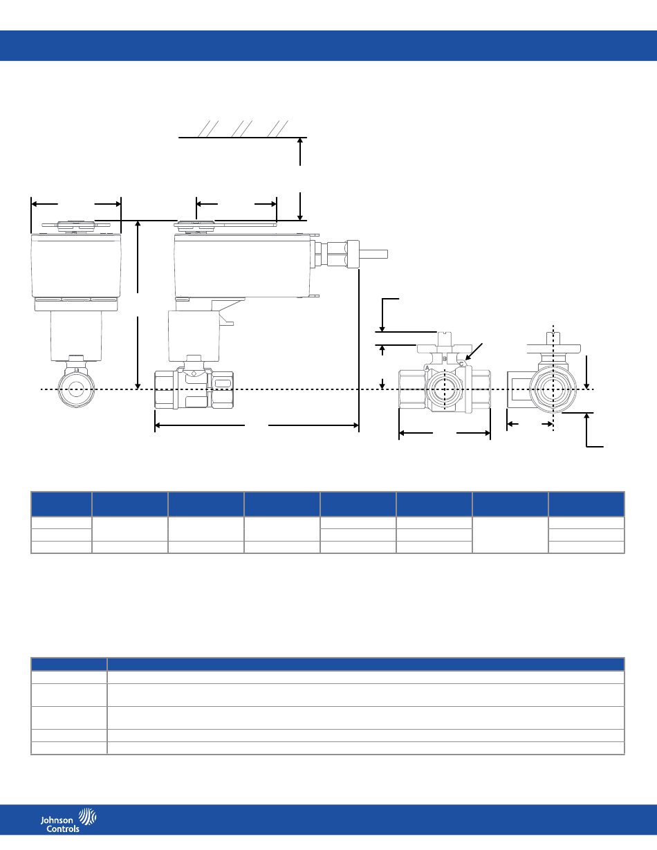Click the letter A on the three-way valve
427,369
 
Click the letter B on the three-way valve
445,359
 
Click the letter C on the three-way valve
461,364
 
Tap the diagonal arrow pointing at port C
474,351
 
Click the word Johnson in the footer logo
57,820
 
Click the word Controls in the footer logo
62,829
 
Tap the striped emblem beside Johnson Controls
88,816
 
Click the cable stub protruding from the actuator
373,255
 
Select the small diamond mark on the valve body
194,373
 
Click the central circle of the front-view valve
76,389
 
